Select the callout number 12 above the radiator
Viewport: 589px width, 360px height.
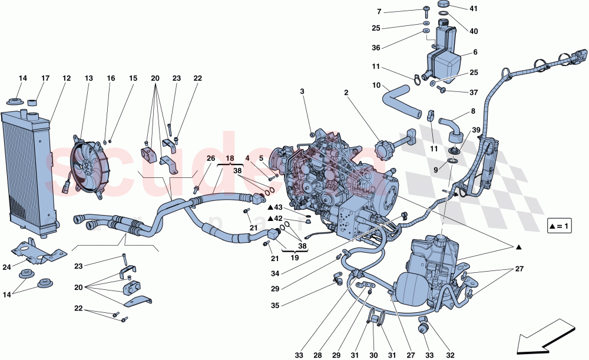tap(67, 78)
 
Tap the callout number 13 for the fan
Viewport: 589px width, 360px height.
tap(89, 78)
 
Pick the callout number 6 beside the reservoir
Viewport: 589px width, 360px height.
tap(474, 52)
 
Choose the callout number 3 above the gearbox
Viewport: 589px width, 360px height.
tap(302, 91)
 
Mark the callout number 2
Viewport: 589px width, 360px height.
tap(346, 93)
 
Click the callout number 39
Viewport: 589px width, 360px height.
tap(476, 130)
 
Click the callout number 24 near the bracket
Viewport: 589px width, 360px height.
tap(6, 267)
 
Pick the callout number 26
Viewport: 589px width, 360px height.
tap(211, 158)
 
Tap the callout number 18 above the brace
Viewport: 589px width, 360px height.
tap(229, 158)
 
